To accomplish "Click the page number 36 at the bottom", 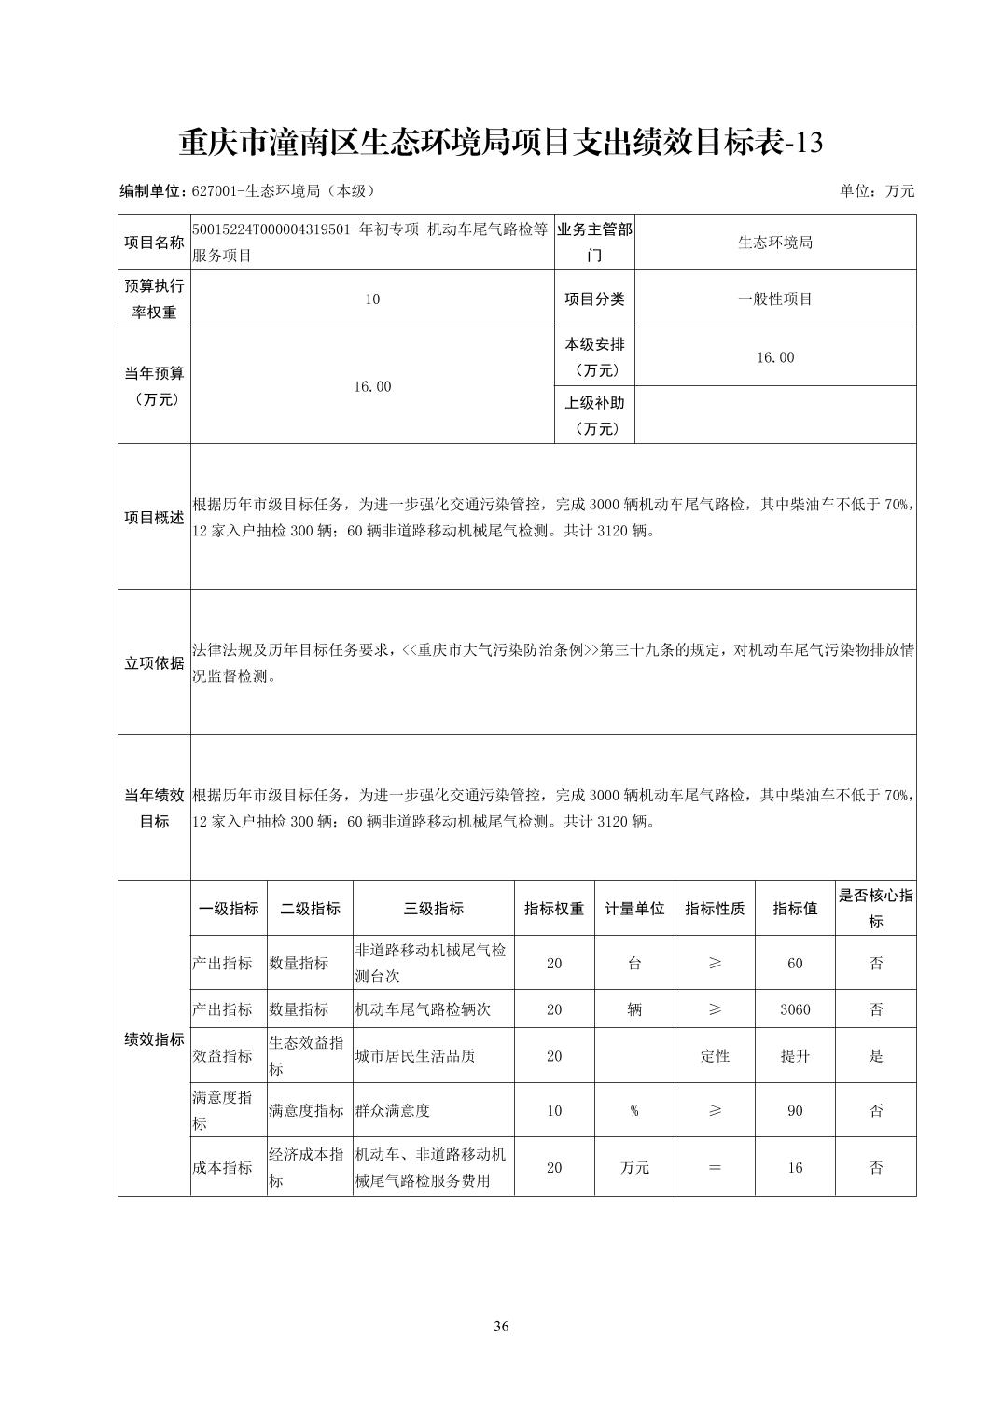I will tap(501, 1327).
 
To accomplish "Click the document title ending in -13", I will tap(501, 143).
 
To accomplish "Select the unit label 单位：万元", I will tap(877, 191).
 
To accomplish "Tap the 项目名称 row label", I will tap(154, 243).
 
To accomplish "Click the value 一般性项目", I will tap(774, 299).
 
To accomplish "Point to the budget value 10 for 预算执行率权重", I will tap(372, 299).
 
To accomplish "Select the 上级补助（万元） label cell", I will tap(594, 415).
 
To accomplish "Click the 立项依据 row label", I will tap(154, 663).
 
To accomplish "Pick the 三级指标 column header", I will tap(433, 909).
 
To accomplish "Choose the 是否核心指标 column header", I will tap(875, 909).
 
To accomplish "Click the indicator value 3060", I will tap(795, 1009).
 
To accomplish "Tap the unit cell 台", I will tap(634, 964).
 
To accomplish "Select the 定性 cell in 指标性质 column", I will tap(715, 1056).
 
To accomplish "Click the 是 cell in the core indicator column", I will tap(875, 1056).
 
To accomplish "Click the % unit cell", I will tap(634, 1111).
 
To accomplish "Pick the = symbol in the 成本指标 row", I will tap(715, 1168).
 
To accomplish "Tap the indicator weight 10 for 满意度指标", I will tap(554, 1111).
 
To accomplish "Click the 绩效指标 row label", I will tap(154, 1039).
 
